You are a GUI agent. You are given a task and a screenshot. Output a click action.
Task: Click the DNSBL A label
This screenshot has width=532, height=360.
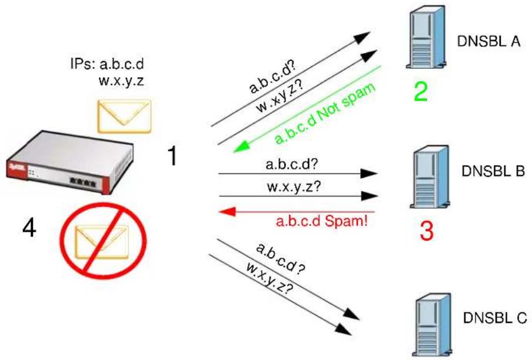pos(488,41)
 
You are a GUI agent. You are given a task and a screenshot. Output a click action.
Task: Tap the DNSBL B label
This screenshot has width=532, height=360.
pos(493,171)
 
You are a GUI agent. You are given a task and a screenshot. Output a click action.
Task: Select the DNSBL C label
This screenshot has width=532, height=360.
pos(495,318)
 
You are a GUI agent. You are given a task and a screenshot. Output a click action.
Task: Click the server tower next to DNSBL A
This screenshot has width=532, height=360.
pos(426,37)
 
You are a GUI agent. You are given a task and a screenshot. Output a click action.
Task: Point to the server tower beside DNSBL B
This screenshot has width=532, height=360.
pos(430,176)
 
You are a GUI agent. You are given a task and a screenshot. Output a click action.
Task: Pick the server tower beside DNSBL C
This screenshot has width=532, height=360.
pos(432,325)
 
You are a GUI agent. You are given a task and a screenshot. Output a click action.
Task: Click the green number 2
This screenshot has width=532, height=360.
pos(421,91)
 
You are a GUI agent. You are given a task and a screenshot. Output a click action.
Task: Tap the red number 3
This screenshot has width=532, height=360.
pos(427,231)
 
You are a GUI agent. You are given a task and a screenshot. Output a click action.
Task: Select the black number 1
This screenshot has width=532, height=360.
pos(172,156)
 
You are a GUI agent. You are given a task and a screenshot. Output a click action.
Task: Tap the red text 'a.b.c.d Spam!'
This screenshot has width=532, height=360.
pos(322,221)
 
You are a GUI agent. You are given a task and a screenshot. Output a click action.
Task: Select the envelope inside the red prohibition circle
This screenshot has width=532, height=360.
pos(102,242)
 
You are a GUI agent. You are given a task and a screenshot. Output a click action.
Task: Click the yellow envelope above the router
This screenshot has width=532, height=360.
pos(124,116)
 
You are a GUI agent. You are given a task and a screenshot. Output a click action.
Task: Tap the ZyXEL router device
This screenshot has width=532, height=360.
pos(69,162)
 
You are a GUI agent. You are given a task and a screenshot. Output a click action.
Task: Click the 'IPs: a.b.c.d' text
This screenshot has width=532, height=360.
pos(107,64)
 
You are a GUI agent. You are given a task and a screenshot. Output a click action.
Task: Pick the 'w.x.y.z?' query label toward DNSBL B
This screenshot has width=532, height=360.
pos(294,186)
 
